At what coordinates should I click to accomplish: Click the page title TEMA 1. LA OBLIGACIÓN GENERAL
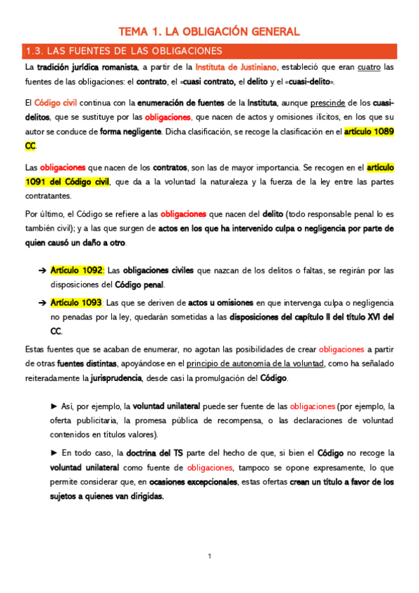209,31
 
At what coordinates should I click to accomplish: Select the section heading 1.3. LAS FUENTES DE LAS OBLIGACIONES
123,51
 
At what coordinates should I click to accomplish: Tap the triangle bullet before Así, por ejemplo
55,406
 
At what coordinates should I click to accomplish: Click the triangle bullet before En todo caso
55,453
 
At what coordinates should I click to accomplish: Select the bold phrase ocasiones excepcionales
193,482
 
